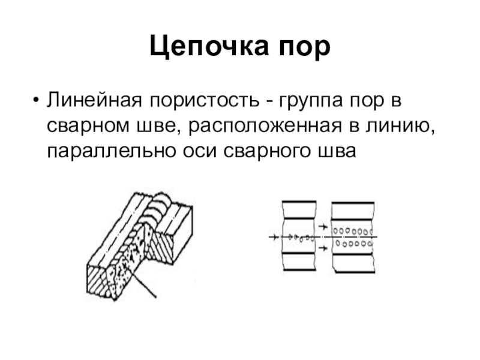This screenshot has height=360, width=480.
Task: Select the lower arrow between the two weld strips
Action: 322,247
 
